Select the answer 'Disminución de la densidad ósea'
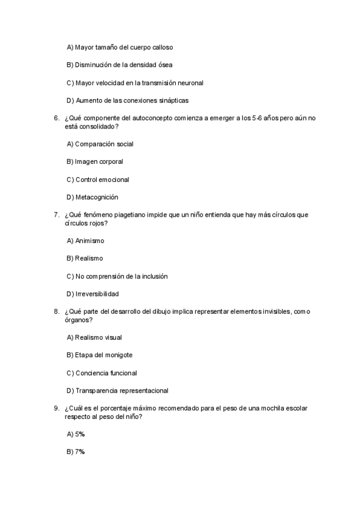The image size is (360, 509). (120, 65)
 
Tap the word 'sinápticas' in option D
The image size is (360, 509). (181, 100)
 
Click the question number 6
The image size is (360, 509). (56, 118)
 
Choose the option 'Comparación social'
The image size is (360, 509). (100, 144)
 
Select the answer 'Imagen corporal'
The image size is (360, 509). (95, 161)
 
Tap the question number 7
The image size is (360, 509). (56, 215)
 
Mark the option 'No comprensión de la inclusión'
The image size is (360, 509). (117, 276)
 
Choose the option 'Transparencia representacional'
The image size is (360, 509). (117, 391)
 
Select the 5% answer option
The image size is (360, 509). (76, 434)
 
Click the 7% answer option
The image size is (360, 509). (76, 451)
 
